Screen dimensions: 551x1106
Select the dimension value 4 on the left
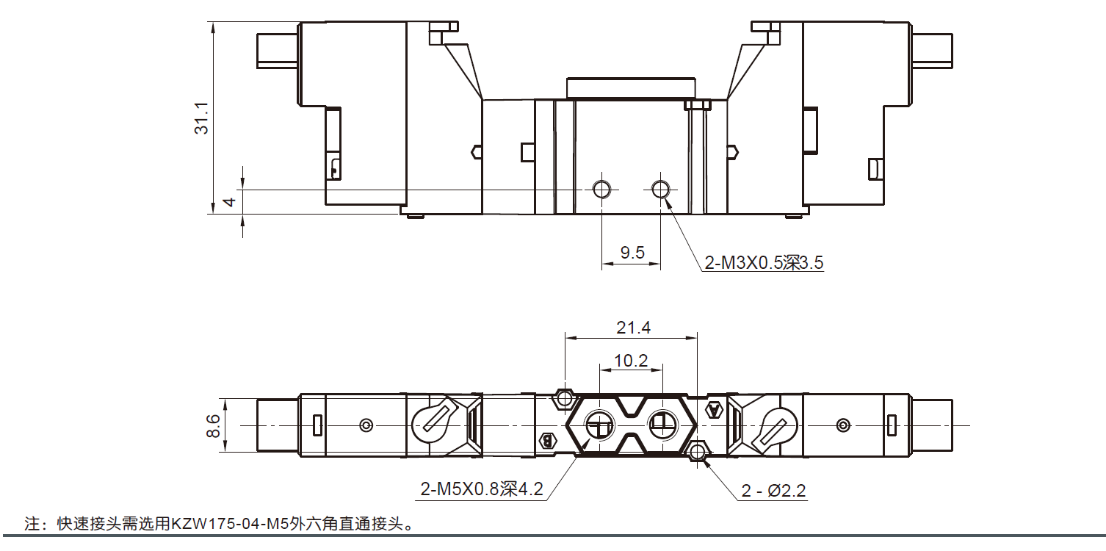tap(229, 201)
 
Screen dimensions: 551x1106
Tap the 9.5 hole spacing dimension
tap(632, 253)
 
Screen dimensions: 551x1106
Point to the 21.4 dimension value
tap(633, 328)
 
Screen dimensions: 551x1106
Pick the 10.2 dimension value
tap(632, 361)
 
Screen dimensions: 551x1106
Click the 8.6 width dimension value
tap(213, 425)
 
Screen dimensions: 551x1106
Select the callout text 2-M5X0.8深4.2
tap(482, 489)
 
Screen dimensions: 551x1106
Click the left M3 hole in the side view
tap(601, 190)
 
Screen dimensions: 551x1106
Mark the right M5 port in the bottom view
tap(661, 422)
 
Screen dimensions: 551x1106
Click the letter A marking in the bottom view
tap(712, 410)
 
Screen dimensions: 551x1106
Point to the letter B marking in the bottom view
tap(546, 441)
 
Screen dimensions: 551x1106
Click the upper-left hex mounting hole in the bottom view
tap(565, 398)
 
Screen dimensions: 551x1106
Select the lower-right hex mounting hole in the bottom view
tap(698, 450)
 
